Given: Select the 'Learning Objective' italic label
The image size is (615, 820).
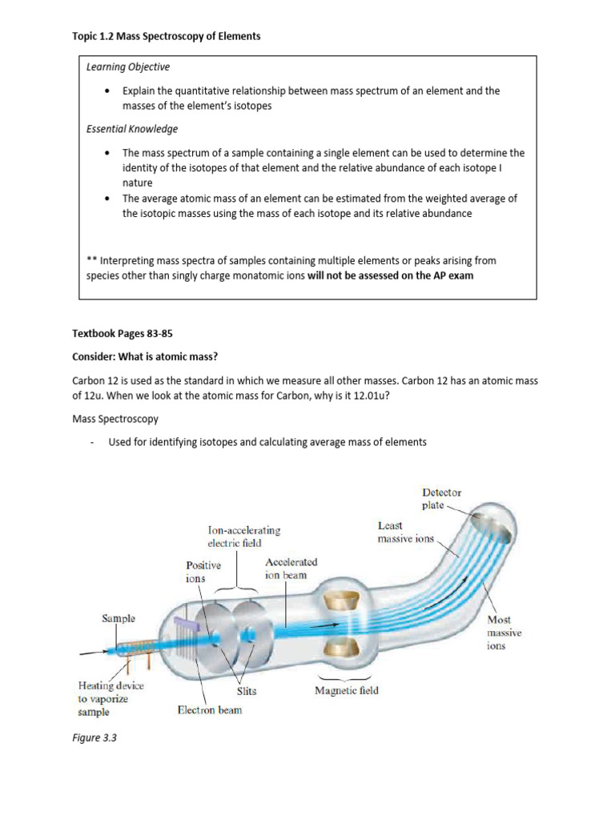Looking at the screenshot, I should [127, 67].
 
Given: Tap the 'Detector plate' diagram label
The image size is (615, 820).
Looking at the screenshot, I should [441, 499].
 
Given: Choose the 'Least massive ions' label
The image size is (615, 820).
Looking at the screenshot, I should [405, 533].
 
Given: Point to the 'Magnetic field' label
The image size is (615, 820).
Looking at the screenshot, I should [347, 690].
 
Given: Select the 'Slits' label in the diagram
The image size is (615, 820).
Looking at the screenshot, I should [247, 690].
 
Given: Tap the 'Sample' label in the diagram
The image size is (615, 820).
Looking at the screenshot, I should [119, 619].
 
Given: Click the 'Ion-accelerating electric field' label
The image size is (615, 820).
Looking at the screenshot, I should [244, 536].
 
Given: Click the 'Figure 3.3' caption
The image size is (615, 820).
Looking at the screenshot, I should [94, 738].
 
